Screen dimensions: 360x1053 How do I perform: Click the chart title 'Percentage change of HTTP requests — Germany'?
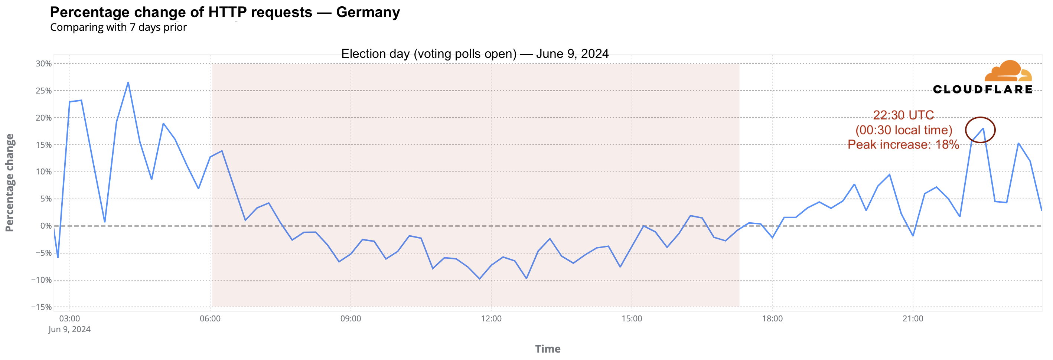(225, 12)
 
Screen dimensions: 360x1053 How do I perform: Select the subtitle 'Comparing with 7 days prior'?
(118, 27)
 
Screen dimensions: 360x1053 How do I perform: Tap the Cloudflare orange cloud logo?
(1008, 72)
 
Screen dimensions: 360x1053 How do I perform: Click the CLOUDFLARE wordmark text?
(982, 89)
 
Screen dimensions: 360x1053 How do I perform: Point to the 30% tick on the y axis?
(43, 64)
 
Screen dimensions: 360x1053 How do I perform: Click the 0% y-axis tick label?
(46, 226)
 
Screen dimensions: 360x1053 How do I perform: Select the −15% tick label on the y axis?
(41, 307)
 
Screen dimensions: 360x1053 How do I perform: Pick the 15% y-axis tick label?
(43, 145)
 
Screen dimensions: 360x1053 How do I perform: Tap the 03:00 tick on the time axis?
(69, 319)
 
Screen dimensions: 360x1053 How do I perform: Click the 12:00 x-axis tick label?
(491, 319)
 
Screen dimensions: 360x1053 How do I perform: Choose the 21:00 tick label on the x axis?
(912, 319)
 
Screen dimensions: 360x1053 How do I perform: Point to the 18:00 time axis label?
(772, 319)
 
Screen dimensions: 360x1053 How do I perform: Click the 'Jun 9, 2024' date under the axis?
(69, 329)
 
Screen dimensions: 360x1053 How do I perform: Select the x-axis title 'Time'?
(548, 349)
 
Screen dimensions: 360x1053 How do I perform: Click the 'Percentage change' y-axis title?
(10, 183)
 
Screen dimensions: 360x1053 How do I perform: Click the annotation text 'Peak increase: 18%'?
(903, 145)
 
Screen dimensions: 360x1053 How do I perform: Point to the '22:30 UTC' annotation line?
(903, 115)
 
